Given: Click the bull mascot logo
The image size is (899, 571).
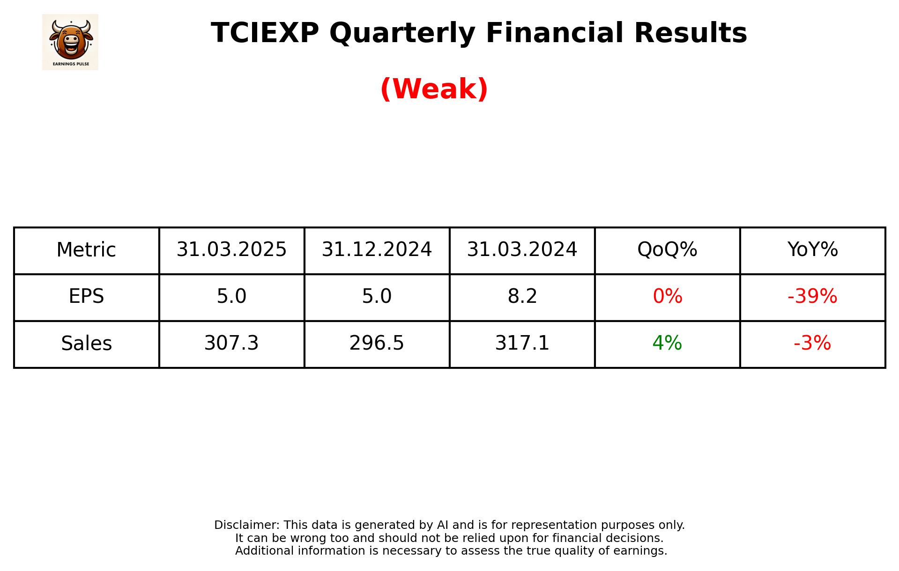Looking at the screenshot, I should coord(70,42).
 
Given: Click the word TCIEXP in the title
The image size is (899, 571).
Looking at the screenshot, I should coord(265,33).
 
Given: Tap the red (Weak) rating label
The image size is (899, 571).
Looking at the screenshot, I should coord(434,89).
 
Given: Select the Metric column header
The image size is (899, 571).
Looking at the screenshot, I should coord(86,250).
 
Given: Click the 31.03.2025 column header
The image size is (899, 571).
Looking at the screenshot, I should coord(231,250).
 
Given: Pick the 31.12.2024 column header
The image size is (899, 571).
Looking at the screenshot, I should coord(377,250).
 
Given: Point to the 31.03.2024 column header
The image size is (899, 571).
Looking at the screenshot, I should coord(522,250).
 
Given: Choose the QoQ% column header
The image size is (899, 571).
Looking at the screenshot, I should coord(667,250).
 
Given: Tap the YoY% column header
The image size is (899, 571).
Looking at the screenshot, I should coord(812,250).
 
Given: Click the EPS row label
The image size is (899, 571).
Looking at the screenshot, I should coord(86,297).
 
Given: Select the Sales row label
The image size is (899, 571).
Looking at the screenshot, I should coord(86,344).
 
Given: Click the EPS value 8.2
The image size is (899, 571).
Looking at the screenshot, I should coord(522,297).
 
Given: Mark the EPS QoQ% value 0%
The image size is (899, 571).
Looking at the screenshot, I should coord(667,297).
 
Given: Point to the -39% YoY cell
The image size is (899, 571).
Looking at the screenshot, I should coord(812,297).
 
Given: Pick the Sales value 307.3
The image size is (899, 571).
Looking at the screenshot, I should coord(231,344).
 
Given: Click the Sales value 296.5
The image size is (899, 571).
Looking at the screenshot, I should coord(377,344).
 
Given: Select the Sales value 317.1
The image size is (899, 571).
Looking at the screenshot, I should coord(522,344).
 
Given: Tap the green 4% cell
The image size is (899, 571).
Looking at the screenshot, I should coord(667,344).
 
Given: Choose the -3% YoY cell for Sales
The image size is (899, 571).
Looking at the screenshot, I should coord(812,344).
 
